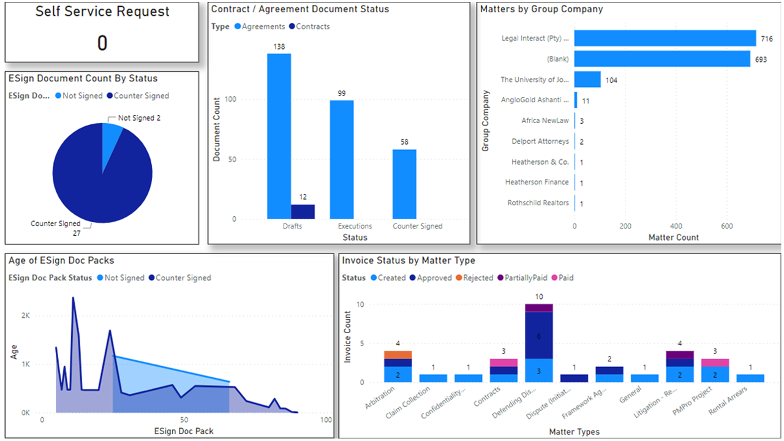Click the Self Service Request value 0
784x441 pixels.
coord(102,43)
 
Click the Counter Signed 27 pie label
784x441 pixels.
coord(56,228)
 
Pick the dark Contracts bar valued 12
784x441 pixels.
coord(303,212)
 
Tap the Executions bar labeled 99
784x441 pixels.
coord(342,160)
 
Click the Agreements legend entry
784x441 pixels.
coord(260,26)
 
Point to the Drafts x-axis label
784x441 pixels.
coord(292,226)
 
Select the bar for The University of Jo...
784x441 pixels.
coord(587,80)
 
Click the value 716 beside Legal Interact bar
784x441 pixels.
coord(766,39)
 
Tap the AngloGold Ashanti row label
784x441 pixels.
coord(535,100)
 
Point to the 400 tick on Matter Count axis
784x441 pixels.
coord(676,226)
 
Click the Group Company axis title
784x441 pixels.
coord(485,121)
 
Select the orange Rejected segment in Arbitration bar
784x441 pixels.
coord(398,355)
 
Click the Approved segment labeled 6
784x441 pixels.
coord(539,335)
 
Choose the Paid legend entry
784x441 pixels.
coord(562,278)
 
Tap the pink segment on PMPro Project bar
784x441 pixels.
coord(715,363)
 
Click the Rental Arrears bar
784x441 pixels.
coord(750,379)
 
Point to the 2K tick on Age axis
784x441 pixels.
coord(26,315)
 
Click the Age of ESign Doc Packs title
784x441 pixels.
coord(61,260)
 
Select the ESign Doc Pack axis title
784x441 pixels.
coord(184,431)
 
